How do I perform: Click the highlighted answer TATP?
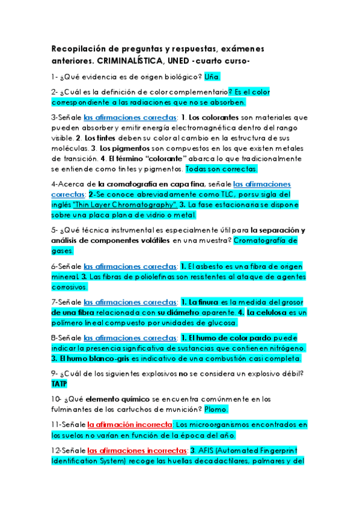[x=59, y=384]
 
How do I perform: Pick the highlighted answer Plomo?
[x=216, y=410]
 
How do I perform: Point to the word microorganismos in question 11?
[x=231, y=425]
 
